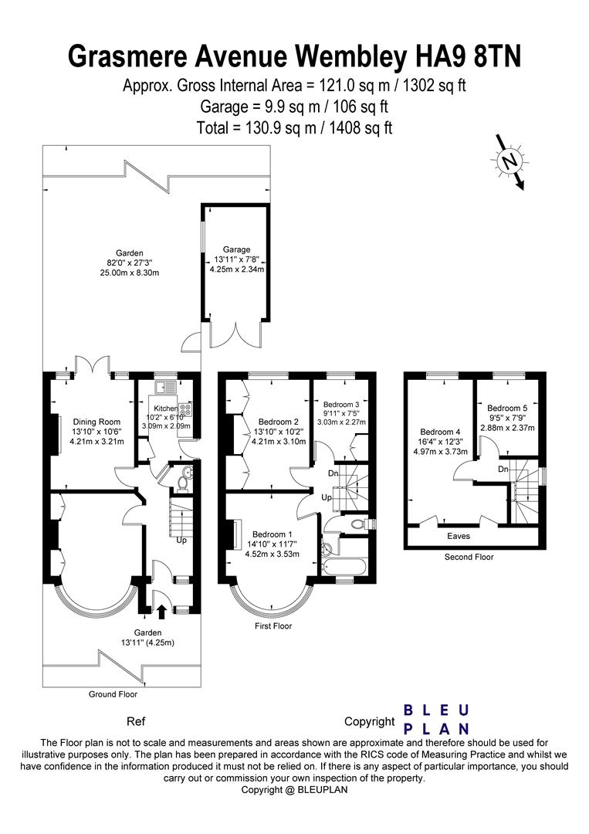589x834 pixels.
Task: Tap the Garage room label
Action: coord(237,249)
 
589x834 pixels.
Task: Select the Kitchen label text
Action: coord(165,408)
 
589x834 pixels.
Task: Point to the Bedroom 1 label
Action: coord(271,534)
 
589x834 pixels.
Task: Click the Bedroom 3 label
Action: coord(340,404)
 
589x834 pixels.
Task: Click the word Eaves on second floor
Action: coord(459,535)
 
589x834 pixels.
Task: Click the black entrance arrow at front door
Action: coord(161,611)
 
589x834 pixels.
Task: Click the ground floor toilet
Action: coord(182,483)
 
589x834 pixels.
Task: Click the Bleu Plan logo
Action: coord(437,719)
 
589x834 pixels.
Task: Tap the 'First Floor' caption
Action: coord(273,626)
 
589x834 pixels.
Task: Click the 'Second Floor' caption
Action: coord(469,556)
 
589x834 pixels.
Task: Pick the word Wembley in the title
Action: coord(359,56)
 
